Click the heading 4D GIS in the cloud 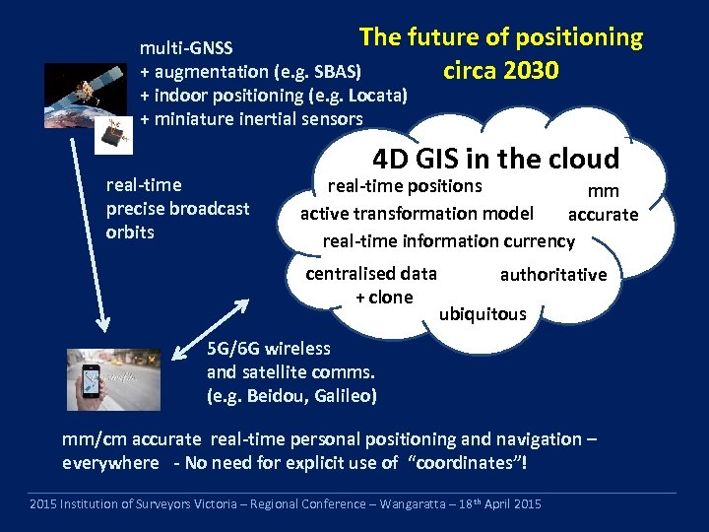[x=495, y=159]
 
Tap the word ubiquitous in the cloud [x=483, y=314]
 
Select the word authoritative [x=553, y=275]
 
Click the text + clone [x=384, y=298]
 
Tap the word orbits [x=130, y=233]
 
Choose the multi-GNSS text [x=186, y=48]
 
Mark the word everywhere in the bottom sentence [x=110, y=463]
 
